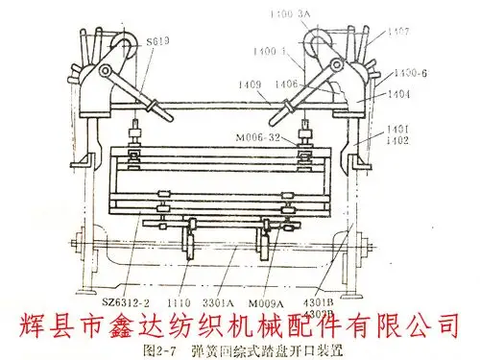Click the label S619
[159, 41]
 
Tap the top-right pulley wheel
[317, 43]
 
